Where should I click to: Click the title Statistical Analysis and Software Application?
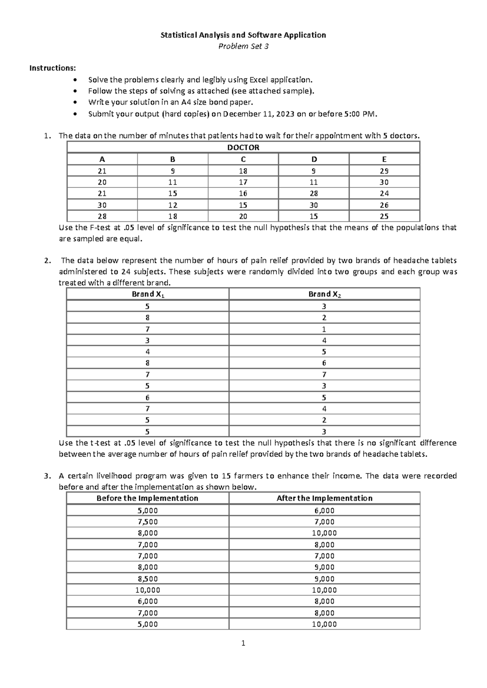[x=243, y=35]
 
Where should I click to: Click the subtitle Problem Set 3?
[x=243, y=46]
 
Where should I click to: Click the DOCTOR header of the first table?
[x=243, y=148]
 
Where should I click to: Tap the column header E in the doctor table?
[x=384, y=159]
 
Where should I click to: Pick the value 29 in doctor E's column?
[x=384, y=171]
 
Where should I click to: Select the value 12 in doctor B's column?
[x=172, y=205]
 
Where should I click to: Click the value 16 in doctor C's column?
[x=243, y=193]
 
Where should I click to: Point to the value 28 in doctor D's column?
[x=313, y=193]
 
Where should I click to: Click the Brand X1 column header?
[x=148, y=295]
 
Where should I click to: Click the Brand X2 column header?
[x=324, y=295]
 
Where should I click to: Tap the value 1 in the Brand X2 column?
[x=324, y=329]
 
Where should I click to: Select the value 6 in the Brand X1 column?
[x=147, y=398]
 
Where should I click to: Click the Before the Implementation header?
[x=147, y=499]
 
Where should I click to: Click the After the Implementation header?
[x=324, y=499]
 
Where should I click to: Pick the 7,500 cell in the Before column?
[x=147, y=522]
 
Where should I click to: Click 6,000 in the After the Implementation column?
[x=324, y=511]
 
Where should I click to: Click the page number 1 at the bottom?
[x=243, y=643]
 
